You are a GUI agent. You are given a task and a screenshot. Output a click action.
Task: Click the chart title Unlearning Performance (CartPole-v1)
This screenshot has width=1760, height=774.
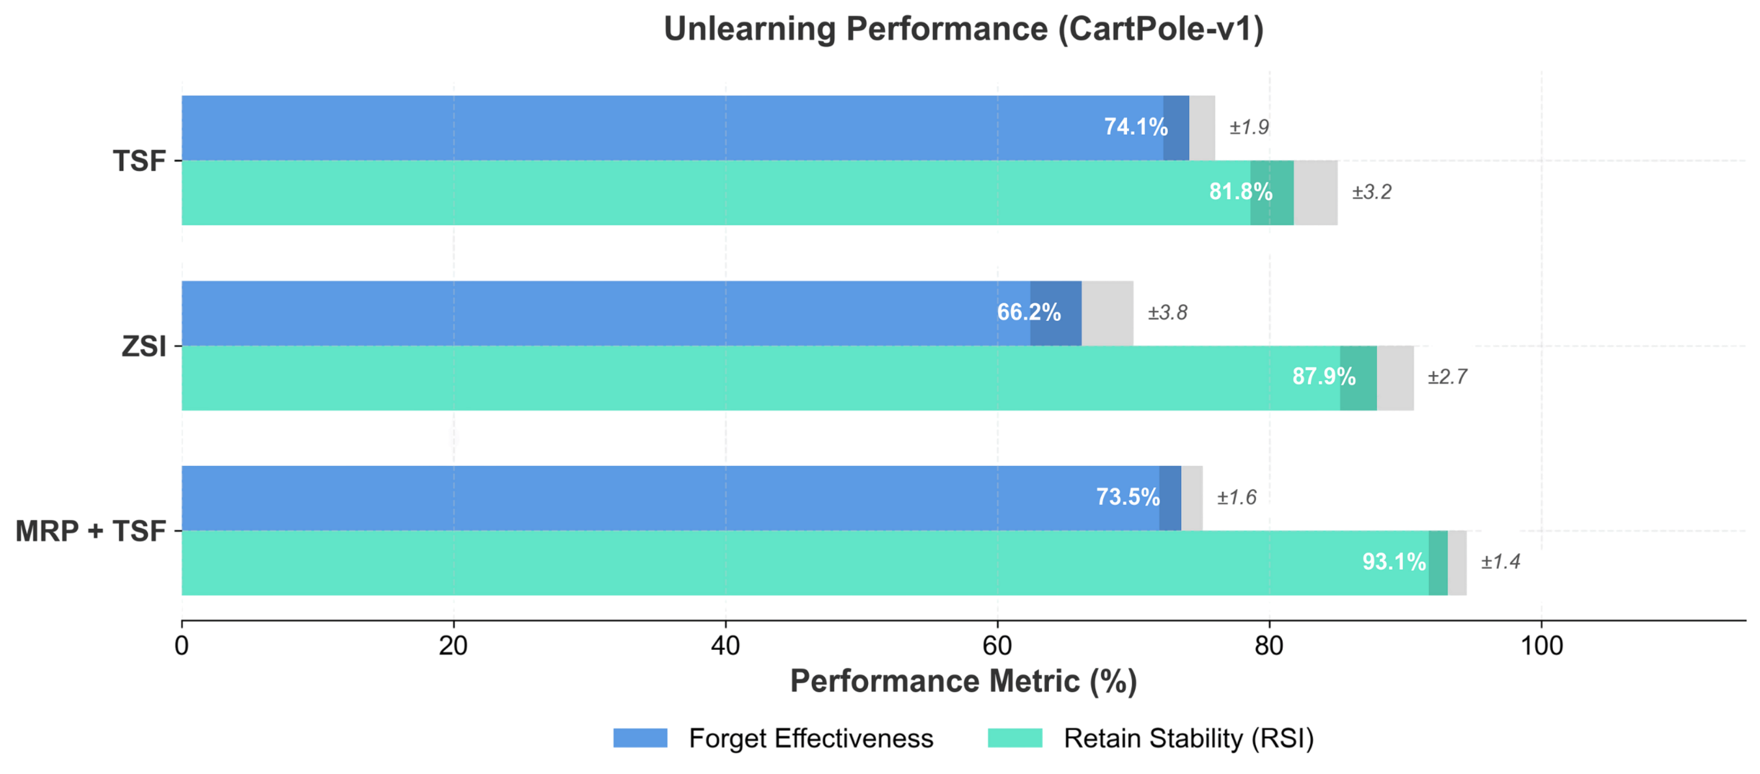tap(964, 29)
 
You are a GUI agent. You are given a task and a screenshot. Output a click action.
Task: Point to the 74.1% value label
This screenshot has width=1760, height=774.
tap(1136, 127)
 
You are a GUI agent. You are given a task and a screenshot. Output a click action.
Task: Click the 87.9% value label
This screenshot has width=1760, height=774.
tap(1323, 376)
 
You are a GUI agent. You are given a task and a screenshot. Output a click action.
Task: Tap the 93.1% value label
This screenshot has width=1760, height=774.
tap(1394, 562)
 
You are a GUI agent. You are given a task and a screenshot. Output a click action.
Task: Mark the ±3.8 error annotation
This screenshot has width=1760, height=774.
tap(1167, 313)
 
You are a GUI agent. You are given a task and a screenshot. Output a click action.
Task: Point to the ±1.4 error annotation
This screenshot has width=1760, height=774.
tap(1500, 562)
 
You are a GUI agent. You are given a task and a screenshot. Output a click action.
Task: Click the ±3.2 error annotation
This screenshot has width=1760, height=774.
tap(1371, 192)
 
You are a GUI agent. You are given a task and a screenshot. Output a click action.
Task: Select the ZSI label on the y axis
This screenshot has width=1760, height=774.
tap(144, 347)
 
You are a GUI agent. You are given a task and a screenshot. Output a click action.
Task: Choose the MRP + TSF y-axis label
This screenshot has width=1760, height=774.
tap(91, 531)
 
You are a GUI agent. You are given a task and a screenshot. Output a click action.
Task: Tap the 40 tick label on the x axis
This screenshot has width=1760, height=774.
tap(725, 646)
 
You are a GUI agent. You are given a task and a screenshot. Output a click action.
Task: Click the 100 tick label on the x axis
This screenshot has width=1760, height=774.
tap(1542, 646)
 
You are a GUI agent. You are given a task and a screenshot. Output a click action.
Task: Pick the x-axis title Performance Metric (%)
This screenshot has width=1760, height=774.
tap(964, 682)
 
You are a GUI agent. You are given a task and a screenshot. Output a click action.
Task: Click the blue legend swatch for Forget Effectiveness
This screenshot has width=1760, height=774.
tap(640, 738)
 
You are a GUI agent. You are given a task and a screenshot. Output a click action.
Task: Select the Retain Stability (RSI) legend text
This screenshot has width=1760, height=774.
tap(1189, 738)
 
